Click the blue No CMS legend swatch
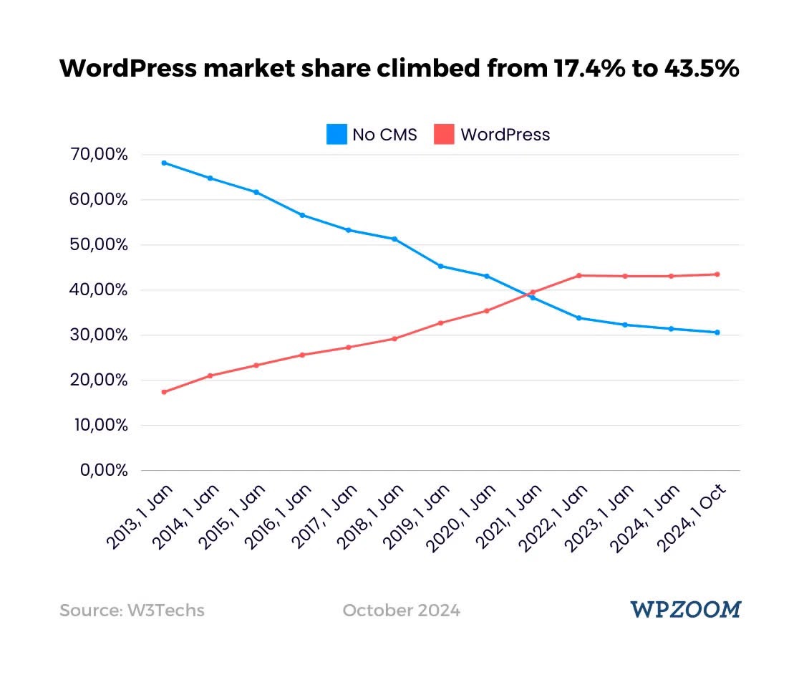point(336,134)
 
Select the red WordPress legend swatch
point(444,134)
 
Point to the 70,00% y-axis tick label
point(99,155)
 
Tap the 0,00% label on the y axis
point(103,471)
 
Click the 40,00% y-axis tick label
point(99,290)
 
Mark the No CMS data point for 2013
point(164,163)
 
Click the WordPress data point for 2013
point(164,392)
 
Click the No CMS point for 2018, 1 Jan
point(394,239)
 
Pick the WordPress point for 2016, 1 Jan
point(302,355)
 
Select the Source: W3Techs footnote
point(132,611)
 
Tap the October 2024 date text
point(402,611)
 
